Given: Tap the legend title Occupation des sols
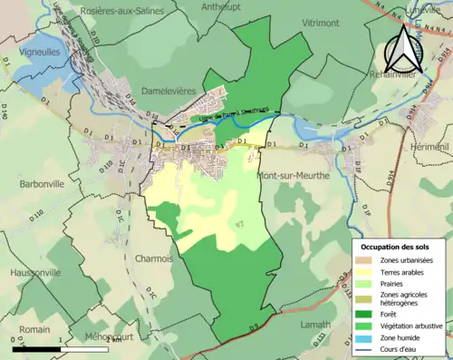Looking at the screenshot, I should coord(397,247).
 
